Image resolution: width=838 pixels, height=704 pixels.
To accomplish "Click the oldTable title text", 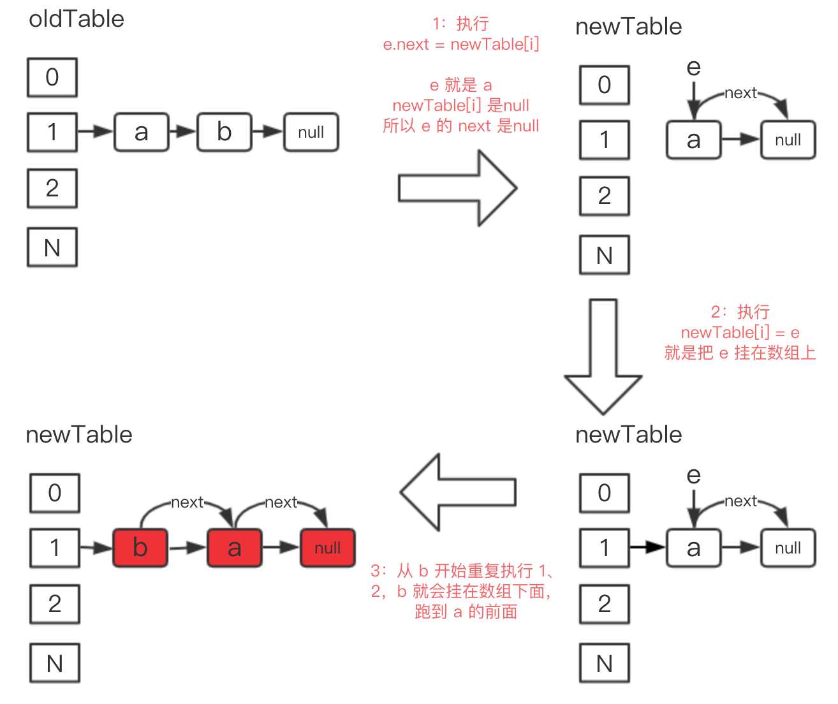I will click(x=77, y=19).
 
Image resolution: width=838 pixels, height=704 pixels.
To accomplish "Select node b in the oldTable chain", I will click(x=224, y=132).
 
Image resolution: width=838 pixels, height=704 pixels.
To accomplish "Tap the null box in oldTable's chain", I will click(x=311, y=132).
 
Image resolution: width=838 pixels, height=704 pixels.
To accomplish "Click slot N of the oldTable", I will click(x=52, y=247).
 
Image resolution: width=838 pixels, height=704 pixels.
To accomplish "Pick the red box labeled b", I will click(x=140, y=547).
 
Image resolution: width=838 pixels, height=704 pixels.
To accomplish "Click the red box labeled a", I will click(x=234, y=547).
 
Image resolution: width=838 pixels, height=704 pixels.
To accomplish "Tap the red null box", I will click(x=327, y=547).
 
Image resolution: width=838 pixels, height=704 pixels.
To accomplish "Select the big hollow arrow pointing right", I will click(x=458, y=188).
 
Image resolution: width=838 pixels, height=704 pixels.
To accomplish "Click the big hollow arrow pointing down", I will click(x=603, y=357).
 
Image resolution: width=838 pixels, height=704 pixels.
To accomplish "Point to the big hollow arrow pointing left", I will click(x=458, y=492).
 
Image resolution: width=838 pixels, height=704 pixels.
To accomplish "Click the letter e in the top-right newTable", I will click(x=693, y=67).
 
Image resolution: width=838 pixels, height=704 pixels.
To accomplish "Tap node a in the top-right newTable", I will click(x=693, y=140).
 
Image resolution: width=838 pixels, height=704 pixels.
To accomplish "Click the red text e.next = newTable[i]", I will click(x=461, y=44).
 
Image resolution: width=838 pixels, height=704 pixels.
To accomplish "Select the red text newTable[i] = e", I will click(x=740, y=332).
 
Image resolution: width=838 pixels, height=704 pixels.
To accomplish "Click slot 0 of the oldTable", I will click(x=52, y=77).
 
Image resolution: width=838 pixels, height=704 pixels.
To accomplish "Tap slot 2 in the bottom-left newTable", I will click(x=55, y=604).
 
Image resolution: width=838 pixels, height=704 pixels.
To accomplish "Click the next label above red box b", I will click(x=187, y=502).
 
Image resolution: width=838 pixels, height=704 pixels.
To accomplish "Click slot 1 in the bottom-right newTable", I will click(x=604, y=548).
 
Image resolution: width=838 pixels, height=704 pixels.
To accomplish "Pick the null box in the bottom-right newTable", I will click(x=788, y=548).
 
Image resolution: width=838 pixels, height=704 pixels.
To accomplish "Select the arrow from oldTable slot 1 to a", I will click(x=96, y=131).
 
